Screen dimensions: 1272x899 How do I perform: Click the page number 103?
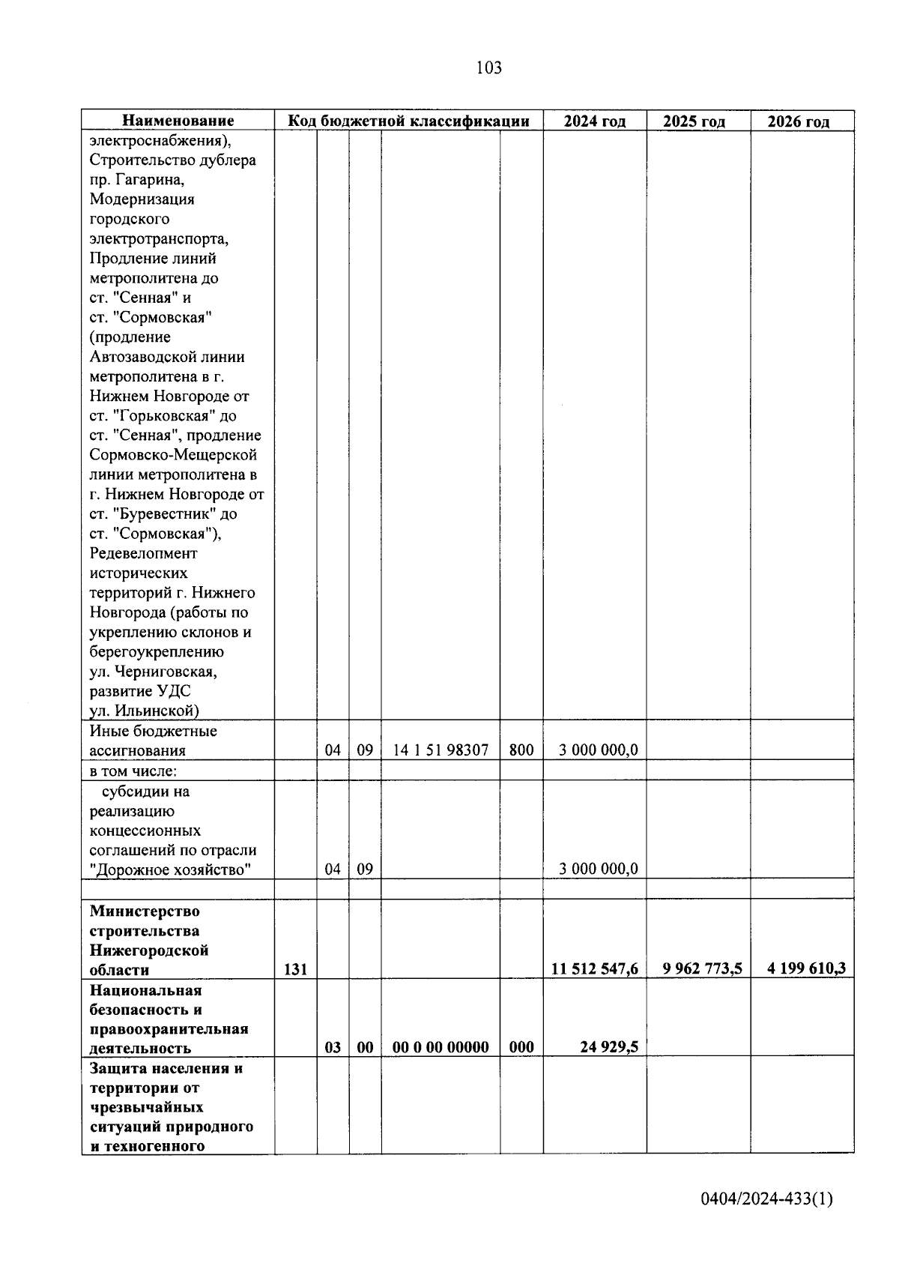point(488,68)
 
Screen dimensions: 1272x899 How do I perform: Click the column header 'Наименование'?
point(178,121)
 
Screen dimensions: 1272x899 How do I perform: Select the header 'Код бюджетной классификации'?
point(409,121)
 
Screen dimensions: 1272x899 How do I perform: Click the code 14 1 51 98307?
point(441,750)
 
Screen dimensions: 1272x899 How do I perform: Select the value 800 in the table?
point(521,750)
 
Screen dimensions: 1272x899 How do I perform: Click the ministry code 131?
point(296,969)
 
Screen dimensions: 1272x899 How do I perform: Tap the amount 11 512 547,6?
point(595,968)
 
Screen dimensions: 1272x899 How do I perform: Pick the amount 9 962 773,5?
point(702,968)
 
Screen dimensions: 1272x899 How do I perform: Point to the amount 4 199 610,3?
point(806,968)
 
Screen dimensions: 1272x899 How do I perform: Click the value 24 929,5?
point(608,1047)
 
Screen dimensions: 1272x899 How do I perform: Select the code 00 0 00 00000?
point(441,1047)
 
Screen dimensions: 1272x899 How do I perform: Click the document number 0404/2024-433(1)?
point(766,1199)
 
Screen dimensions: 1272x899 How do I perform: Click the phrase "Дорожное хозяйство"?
point(170,869)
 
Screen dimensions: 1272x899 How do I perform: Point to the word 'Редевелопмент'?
point(144,553)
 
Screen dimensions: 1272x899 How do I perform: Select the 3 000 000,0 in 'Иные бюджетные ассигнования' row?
point(599,750)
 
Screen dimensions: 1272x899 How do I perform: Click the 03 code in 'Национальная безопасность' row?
point(333,1047)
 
